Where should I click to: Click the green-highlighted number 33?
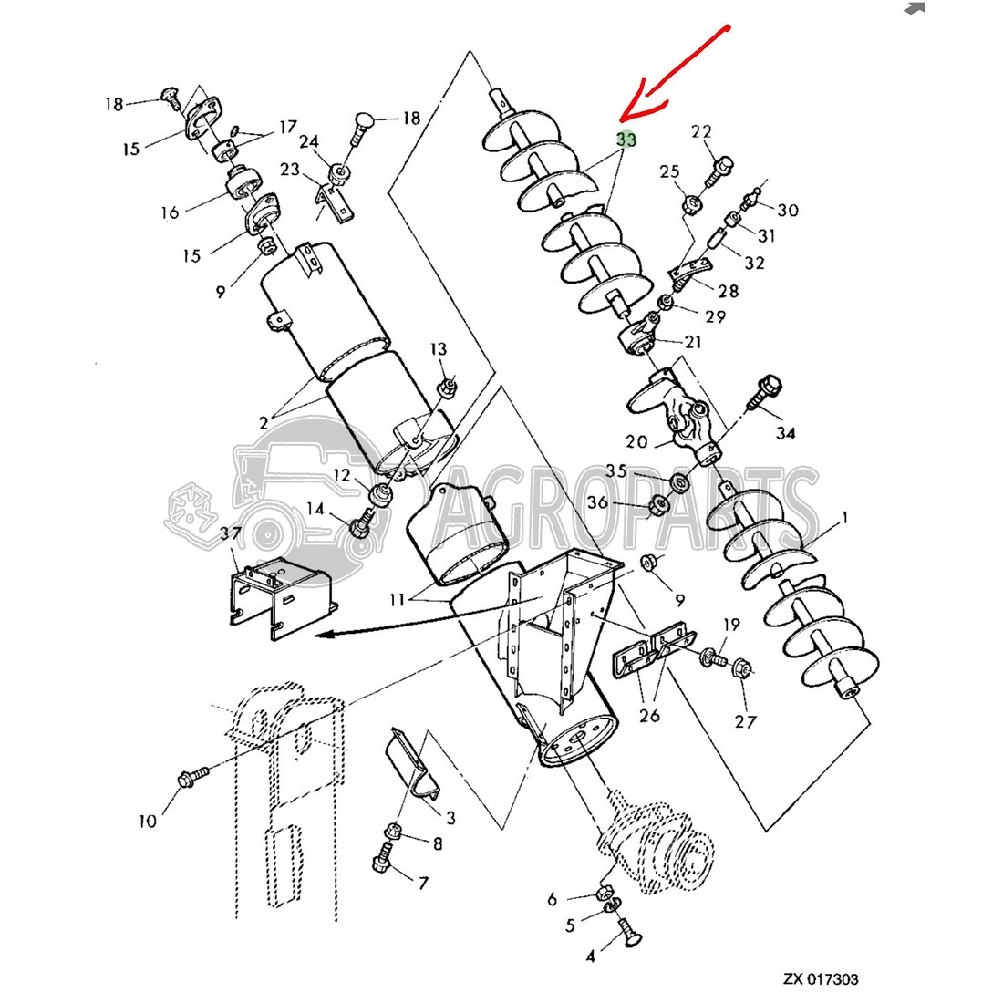[x=626, y=140]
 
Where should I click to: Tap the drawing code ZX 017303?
[x=820, y=979]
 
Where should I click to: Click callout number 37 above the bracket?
[x=230, y=533]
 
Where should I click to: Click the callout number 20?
[x=636, y=442]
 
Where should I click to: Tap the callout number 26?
[x=650, y=715]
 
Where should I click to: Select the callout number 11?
[x=397, y=600]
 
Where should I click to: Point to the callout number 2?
[x=264, y=422]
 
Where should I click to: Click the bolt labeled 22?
[x=721, y=166]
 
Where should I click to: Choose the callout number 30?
[x=788, y=211]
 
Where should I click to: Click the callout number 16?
[x=170, y=213]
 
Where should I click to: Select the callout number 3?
[x=450, y=819]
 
